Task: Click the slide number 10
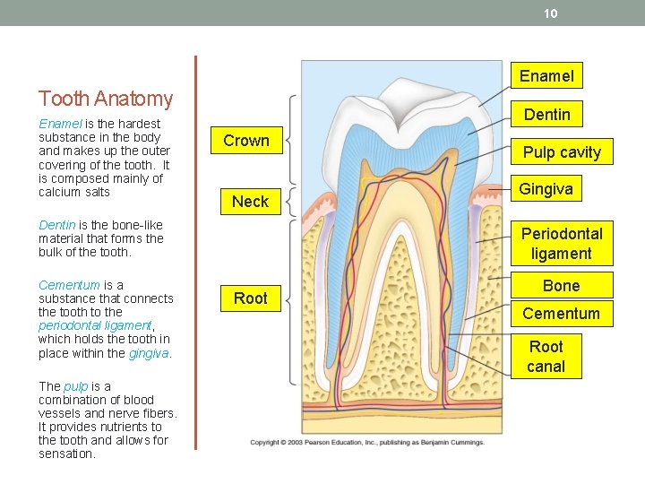point(551,13)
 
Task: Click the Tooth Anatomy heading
point(106,99)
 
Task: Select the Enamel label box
point(546,75)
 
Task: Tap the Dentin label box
point(546,114)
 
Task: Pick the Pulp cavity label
point(562,152)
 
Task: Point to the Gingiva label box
point(546,190)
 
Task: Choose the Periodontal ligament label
point(562,243)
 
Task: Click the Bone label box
point(561,286)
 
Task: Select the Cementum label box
point(561,314)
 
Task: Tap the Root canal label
point(546,356)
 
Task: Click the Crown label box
point(246,141)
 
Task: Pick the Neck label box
point(250,202)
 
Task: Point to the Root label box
point(251,298)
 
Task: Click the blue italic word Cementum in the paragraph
point(69,285)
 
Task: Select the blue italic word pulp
point(75,386)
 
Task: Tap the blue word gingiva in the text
point(149,353)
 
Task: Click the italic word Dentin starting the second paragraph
point(56,225)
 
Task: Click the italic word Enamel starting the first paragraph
point(58,124)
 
